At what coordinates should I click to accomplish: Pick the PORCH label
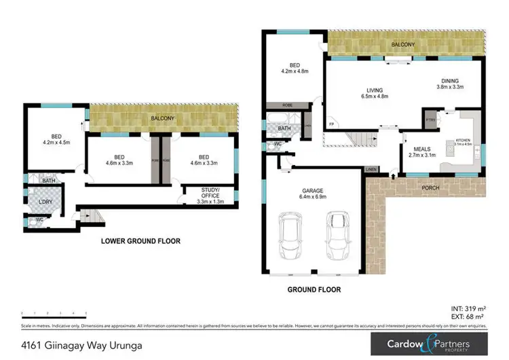coord(430,187)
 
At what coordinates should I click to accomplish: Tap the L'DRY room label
coord(45,202)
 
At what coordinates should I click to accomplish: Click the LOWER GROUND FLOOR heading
coord(140,241)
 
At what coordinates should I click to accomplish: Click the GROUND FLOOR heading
coord(313,290)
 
